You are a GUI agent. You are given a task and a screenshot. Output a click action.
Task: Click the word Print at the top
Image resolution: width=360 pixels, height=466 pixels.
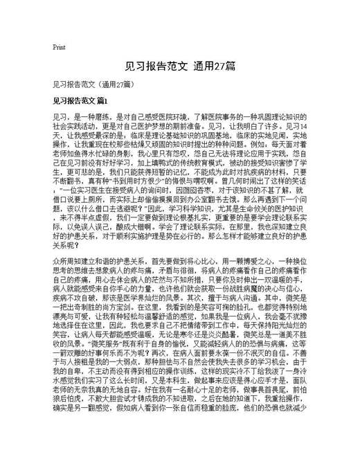(58, 47)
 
